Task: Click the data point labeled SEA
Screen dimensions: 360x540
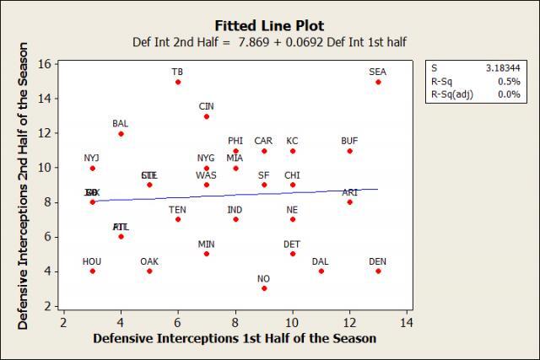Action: pos(378,82)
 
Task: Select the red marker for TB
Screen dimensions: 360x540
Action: pos(178,82)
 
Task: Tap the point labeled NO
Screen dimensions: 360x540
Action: pos(264,288)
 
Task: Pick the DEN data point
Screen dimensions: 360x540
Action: pos(378,271)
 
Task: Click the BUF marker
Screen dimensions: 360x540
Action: pos(349,151)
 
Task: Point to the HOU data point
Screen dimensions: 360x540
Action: pos(92,271)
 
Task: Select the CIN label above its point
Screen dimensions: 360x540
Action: pos(207,106)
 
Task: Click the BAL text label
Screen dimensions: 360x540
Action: pos(121,124)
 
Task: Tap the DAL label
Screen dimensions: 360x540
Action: pos(321,261)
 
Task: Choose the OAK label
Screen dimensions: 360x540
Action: pos(149,261)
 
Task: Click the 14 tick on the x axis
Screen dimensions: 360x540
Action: pos(407,322)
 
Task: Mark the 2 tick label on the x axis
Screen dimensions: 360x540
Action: pos(63,322)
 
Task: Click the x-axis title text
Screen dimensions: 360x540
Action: pos(235,338)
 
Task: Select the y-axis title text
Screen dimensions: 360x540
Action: pos(24,185)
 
